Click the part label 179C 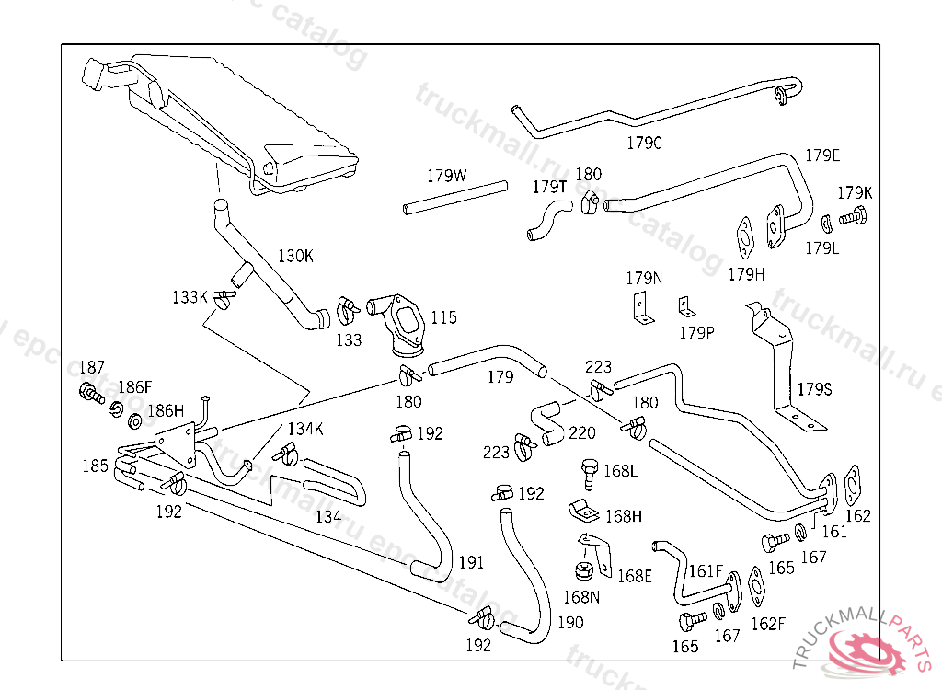click(x=644, y=143)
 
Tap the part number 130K click(x=295, y=256)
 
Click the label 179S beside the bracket click(x=813, y=389)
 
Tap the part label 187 click(x=92, y=367)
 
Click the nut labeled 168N click(x=581, y=570)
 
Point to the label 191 click(x=471, y=562)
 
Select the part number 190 click(x=569, y=623)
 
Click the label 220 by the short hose click(x=582, y=432)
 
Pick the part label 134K click(x=305, y=429)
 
